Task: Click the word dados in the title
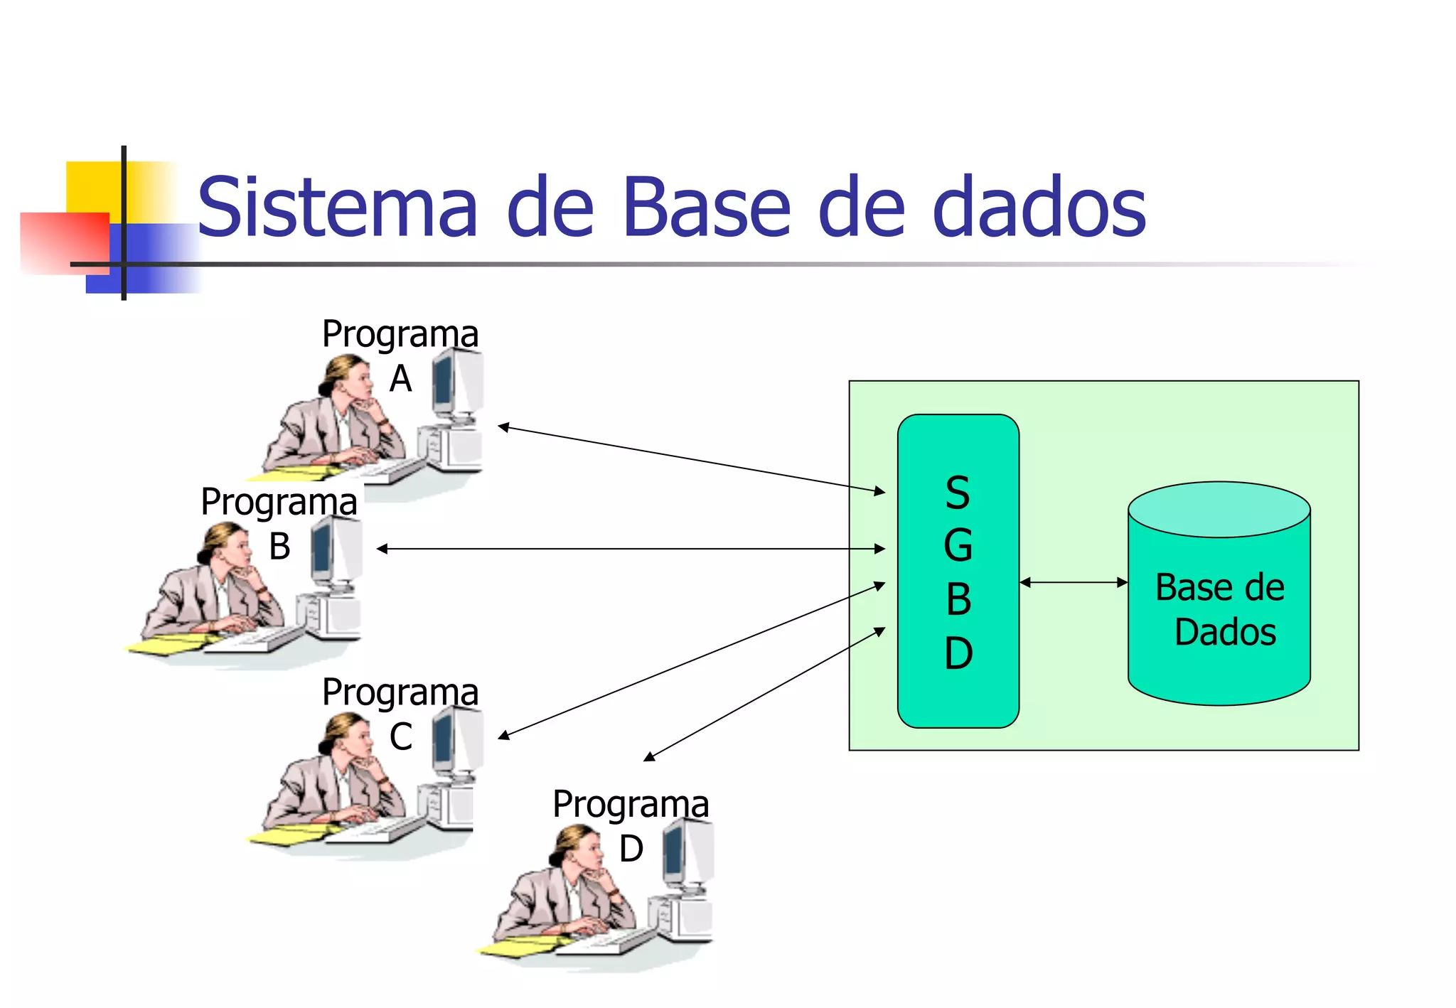1039,208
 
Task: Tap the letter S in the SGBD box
958,493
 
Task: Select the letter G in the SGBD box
958,546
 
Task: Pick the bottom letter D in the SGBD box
958,653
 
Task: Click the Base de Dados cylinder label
1220,610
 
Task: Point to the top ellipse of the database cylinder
1219,510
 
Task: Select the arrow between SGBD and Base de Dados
1074,582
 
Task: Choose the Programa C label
400,712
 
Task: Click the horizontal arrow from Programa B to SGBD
631,549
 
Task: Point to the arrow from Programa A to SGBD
691,459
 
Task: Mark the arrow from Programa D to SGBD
764,695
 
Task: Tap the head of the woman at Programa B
226,544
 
